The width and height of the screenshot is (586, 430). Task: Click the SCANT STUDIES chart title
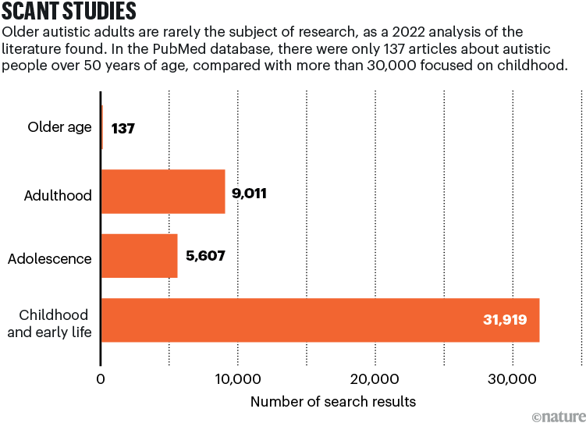[70, 12]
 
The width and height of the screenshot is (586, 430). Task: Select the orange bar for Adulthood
[163, 192]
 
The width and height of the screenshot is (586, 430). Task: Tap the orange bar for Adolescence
[140, 256]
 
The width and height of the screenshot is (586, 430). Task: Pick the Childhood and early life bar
[320, 320]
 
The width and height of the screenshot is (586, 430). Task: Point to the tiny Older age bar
[102, 127]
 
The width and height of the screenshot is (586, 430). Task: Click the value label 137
[123, 128]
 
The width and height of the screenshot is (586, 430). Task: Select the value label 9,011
[250, 193]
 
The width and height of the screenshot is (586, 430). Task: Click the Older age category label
[59, 127]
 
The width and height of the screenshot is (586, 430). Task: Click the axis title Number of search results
[333, 402]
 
